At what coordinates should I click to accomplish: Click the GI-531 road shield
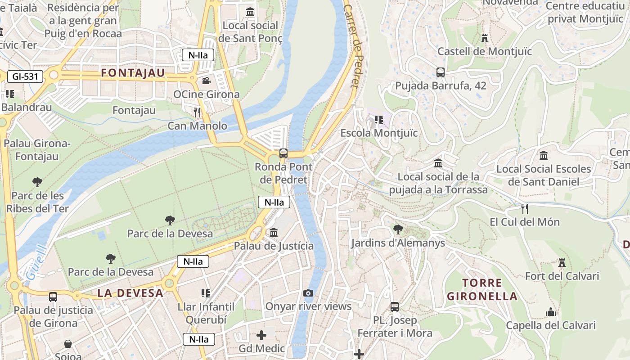coord(25,76)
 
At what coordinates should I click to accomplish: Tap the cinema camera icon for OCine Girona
coord(206,81)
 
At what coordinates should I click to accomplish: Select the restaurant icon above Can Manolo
coord(197,112)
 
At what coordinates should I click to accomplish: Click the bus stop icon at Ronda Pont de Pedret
coord(283,153)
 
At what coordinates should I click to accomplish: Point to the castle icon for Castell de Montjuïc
coord(485,38)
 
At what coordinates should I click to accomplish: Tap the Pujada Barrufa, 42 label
coord(441,85)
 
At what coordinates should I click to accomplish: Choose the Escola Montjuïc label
coord(378,133)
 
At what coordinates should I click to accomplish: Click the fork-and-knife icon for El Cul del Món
coord(524,208)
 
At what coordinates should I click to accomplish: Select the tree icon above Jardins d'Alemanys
coord(398,229)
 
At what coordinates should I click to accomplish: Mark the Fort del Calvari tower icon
coord(562,262)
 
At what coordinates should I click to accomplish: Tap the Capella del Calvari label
coord(550,325)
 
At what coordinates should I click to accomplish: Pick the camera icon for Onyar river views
coord(308,293)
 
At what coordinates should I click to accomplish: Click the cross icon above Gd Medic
coord(261,335)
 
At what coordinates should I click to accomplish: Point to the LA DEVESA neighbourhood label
coord(130,293)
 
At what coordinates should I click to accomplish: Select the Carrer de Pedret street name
coord(352,45)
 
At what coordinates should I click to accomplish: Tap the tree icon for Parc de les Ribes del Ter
coord(37,182)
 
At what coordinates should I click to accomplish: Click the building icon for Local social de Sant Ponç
coord(250,12)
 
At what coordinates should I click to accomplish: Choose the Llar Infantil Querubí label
coord(206,313)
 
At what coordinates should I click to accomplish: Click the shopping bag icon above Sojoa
coord(68,344)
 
